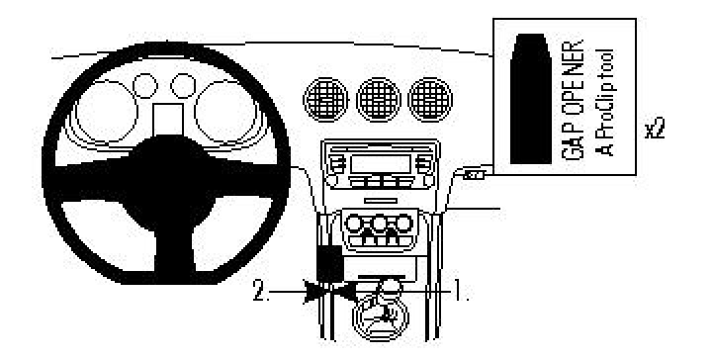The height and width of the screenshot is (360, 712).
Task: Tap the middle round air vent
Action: [377, 97]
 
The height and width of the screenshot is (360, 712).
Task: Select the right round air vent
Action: [429, 97]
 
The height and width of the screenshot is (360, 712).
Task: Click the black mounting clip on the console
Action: [329, 261]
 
